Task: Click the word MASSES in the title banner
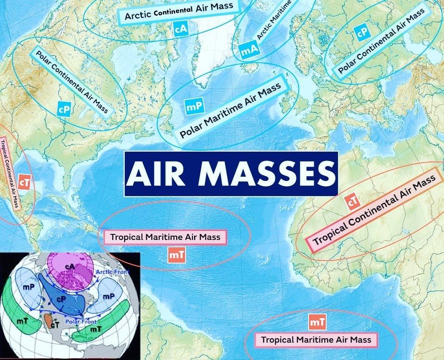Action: [267, 174]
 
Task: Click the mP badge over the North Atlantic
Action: [193, 107]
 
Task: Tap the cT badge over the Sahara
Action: [353, 201]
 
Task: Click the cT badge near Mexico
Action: [25, 182]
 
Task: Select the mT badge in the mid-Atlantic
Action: [177, 254]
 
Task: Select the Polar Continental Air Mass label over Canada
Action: [72, 82]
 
